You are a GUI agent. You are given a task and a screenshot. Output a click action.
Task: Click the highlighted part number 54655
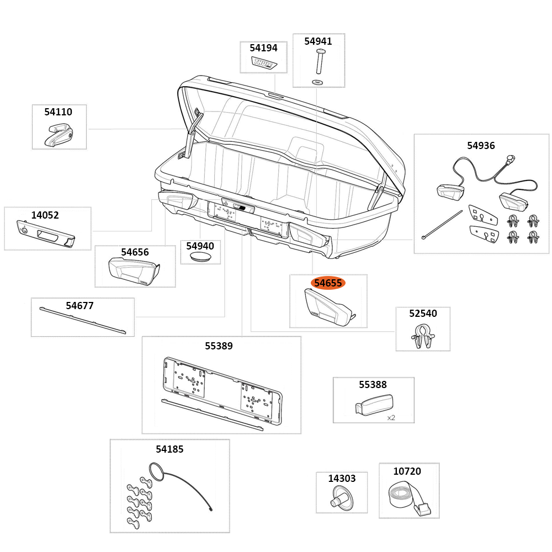[x=328, y=283]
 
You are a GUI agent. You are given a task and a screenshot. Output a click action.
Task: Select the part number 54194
[x=263, y=48]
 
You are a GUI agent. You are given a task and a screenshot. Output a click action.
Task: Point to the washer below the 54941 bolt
[x=319, y=82]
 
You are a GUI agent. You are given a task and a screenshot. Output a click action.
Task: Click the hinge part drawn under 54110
[x=59, y=135]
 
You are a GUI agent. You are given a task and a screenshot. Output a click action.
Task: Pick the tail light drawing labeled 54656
[x=133, y=271]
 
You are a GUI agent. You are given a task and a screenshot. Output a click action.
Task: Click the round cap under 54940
[x=200, y=258]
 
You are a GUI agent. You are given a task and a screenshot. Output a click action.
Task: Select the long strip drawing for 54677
[x=83, y=321]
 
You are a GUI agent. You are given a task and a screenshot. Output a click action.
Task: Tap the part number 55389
[x=219, y=346]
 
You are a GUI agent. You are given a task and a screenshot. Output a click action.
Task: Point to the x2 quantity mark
[x=391, y=418]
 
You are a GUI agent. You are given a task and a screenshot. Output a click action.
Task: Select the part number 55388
[x=373, y=385]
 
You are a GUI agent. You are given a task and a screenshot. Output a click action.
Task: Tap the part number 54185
[x=169, y=449]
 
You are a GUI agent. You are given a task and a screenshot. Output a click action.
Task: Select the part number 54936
[x=481, y=146]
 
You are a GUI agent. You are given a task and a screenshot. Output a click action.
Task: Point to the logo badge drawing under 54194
[x=264, y=63]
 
